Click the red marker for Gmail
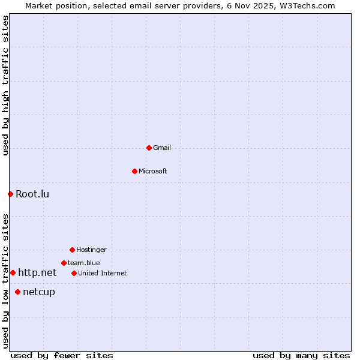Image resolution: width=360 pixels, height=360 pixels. pyautogui.click(x=149, y=148)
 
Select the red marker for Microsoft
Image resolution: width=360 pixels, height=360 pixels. pyautogui.click(x=134, y=171)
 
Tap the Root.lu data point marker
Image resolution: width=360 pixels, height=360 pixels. pyautogui.click(x=10, y=194)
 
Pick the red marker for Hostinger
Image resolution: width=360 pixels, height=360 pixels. pyautogui.click(x=72, y=250)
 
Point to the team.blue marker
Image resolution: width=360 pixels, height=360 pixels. pyautogui.click(x=64, y=263)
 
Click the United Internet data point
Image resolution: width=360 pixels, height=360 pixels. pyautogui.click(x=74, y=273)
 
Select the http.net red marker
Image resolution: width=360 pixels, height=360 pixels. pyautogui.click(x=13, y=272)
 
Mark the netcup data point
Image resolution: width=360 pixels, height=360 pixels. pyautogui.click(x=17, y=292)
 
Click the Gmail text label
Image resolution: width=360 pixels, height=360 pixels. pyautogui.click(x=162, y=148)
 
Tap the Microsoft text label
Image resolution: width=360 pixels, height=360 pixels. pyautogui.click(x=153, y=171)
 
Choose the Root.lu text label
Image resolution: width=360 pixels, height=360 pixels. pyautogui.click(x=32, y=194)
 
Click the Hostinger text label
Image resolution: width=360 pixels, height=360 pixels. pyautogui.click(x=91, y=250)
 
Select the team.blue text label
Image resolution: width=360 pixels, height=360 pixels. pyautogui.click(x=84, y=263)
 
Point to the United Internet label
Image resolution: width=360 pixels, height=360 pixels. pyautogui.click(x=103, y=273)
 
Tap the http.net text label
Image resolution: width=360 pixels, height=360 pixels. pyautogui.click(x=37, y=272)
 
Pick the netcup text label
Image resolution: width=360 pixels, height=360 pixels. pyautogui.click(x=39, y=292)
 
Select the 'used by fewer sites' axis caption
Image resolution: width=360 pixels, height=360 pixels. pyautogui.click(x=62, y=355)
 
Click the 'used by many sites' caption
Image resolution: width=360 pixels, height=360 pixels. pyautogui.click(x=301, y=355)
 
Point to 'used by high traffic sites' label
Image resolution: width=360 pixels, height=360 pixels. pyautogui.click(x=5, y=85)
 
